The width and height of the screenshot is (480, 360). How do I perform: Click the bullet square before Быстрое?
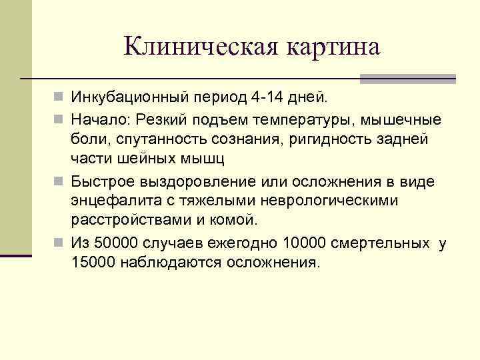[60, 181]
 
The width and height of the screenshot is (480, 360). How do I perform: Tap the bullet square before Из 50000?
[60, 243]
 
